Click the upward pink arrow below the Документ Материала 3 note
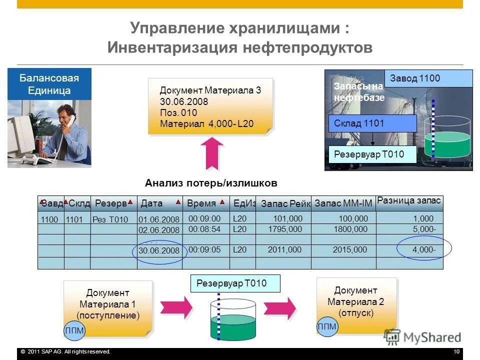pos(214,153)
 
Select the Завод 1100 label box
pos(428,78)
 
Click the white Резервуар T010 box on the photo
pos(372,154)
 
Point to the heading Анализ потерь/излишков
pos(210,183)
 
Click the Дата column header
pos(152,203)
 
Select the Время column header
pos(201,203)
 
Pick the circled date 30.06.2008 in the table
pos(158,250)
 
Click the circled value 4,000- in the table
pos(424,249)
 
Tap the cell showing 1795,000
pos(285,229)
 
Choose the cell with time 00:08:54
pos(204,229)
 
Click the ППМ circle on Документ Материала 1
pos(74,330)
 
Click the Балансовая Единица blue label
pos(49,84)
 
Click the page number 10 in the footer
pos(456,352)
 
